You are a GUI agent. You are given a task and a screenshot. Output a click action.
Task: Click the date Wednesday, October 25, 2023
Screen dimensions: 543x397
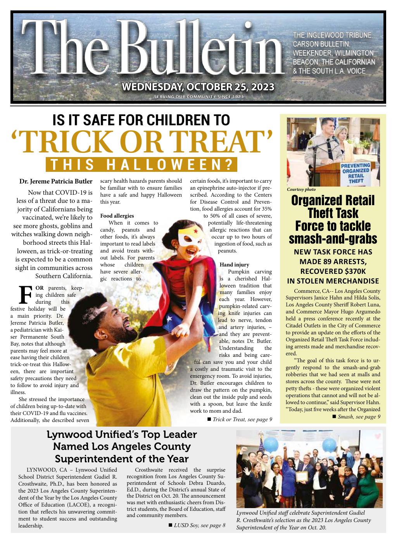(x=198, y=86)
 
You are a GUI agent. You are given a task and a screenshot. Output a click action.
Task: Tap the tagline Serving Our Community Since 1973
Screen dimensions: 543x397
(x=198, y=96)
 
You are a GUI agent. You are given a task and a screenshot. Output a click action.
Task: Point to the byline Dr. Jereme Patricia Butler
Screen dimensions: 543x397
(x=56, y=182)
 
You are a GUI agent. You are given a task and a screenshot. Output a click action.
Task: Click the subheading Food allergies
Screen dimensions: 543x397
(x=117, y=216)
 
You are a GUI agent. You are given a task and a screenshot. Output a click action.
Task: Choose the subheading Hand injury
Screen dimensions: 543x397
(x=229, y=265)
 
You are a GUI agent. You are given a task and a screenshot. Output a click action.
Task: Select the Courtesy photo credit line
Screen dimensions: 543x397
(x=301, y=190)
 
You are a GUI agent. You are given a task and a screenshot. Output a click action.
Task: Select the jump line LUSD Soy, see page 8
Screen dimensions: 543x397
(x=197, y=526)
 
